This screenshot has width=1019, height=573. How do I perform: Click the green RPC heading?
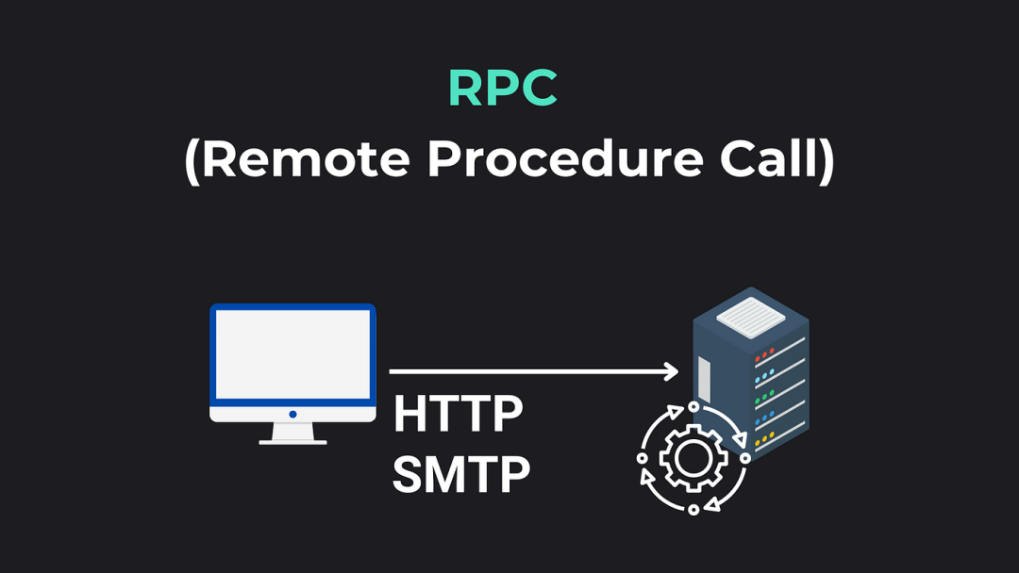502,88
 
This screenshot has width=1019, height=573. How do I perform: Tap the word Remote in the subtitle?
306,159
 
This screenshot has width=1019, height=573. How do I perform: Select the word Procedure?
565,159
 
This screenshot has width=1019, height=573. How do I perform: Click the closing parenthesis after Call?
827,161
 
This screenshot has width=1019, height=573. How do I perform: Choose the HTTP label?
458,414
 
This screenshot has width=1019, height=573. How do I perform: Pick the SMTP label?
461,474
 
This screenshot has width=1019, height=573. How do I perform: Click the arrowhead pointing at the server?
671,371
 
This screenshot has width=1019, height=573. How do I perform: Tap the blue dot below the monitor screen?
293,414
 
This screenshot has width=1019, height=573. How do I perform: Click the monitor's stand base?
292,443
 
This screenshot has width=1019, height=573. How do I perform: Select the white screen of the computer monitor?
292,354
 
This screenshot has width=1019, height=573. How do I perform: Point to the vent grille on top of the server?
751,318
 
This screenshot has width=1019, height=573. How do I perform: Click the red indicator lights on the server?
764,355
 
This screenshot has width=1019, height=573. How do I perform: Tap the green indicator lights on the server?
764,397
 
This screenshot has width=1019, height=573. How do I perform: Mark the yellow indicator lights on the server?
764,439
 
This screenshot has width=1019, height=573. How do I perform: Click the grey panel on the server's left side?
704,379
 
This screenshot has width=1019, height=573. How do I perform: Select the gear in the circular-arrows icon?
693,458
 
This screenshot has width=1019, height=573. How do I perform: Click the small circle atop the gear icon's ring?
693,407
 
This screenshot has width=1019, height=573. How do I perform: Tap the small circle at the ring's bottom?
693,510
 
